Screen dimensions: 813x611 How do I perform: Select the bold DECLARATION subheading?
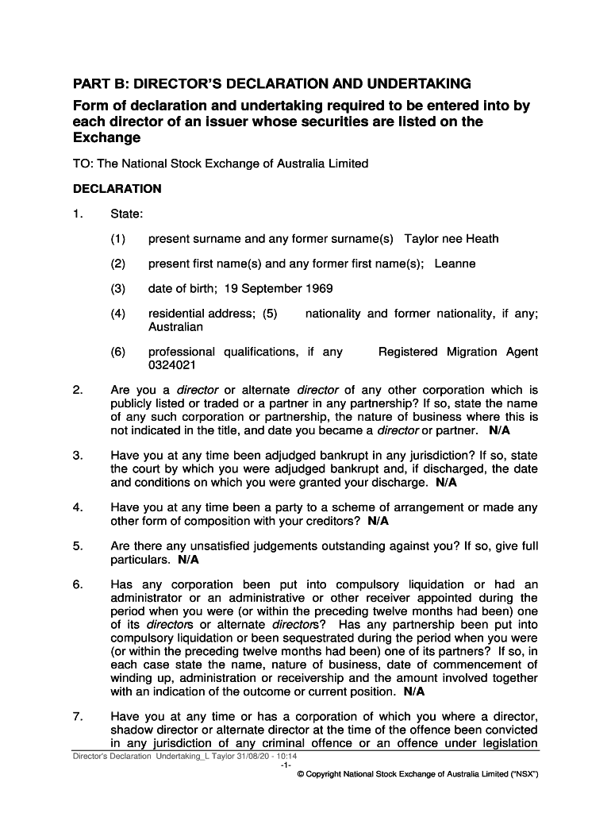[x=117, y=189]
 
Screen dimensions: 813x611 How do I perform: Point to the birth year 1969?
[x=318, y=288]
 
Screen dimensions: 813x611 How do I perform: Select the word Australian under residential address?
[x=175, y=326]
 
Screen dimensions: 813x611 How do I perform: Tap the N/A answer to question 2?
[x=500, y=430]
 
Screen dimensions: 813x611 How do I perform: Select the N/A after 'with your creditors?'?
[x=379, y=521]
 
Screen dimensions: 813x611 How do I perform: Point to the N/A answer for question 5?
[x=188, y=560]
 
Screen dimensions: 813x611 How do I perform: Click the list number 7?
[x=78, y=716]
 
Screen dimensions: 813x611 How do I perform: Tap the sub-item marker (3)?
[x=118, y=288]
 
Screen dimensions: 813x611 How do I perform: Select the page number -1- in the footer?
[x=285, y=767]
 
